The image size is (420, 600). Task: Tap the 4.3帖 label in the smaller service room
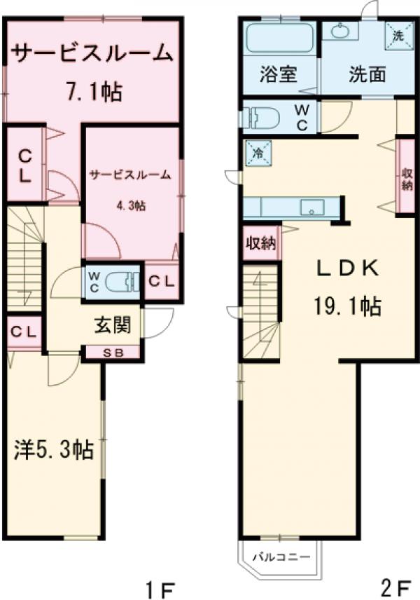[131, 205]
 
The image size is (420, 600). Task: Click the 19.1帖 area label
[346, 306]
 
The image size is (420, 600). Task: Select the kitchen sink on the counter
[309, 207]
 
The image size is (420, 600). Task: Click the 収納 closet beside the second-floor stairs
[260, 243]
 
